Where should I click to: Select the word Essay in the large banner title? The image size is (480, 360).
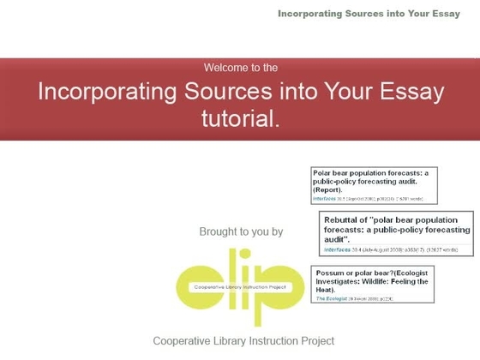click(413, 92)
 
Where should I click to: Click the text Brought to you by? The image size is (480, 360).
click(241, 231)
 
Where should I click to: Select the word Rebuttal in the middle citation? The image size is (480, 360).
click(342, 219)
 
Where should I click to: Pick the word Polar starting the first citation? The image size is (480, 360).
click(322, 172)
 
